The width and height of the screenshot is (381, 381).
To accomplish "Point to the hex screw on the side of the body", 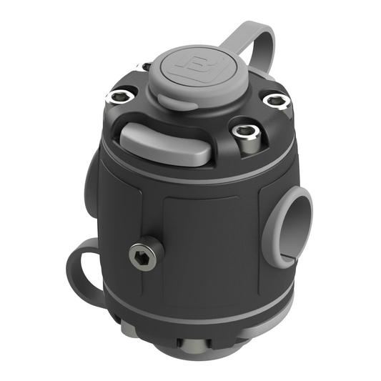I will click(x=144, y=254).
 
